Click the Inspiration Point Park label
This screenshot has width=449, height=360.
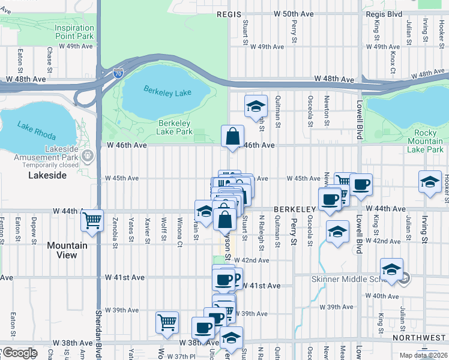(74, 32)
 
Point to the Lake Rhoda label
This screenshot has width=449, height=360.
(31, 128)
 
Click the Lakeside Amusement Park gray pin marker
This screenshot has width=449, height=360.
(88, 156)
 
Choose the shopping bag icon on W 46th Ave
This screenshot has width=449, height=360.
(232, 136)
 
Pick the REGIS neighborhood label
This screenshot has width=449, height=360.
(231, 13)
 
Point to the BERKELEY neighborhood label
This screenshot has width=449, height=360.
(295, 209)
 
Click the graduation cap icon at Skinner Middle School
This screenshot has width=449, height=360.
(391, 269)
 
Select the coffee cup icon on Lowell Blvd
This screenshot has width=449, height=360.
(361, 184)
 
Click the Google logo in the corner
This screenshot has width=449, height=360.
(19, 353)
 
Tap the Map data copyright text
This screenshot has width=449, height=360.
(424, 355)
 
